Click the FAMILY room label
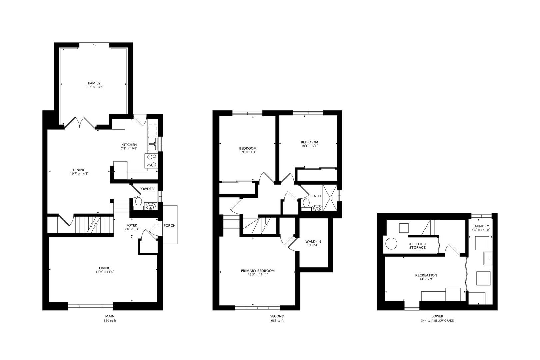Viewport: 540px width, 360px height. (x=94, y=83)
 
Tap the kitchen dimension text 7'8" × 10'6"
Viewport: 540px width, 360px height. (x=129, y=149)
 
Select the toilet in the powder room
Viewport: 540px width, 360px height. (x=138, y=202)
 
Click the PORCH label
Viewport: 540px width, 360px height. (x=169, y=226)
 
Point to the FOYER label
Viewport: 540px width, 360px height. (x=132, y=225)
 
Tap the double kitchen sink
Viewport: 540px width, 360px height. (x=152, y=144)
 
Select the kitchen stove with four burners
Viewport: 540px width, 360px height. (x=151, y=161)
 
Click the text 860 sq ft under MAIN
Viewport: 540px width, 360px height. (x=110, y=321)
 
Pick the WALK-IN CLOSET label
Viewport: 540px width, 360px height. (x=313, y=243)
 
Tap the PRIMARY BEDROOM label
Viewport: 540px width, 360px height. (x=258, y=271)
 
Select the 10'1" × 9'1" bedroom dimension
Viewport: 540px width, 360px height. (x=309, y=146)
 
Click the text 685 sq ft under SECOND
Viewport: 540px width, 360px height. (x=277, y=321)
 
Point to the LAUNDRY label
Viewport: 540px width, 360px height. (x=480, y=226)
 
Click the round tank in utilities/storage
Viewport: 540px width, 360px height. (x=391, y=243)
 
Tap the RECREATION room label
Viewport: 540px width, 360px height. (x=426, y=275)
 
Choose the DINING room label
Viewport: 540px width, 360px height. (x=79, y=170)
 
